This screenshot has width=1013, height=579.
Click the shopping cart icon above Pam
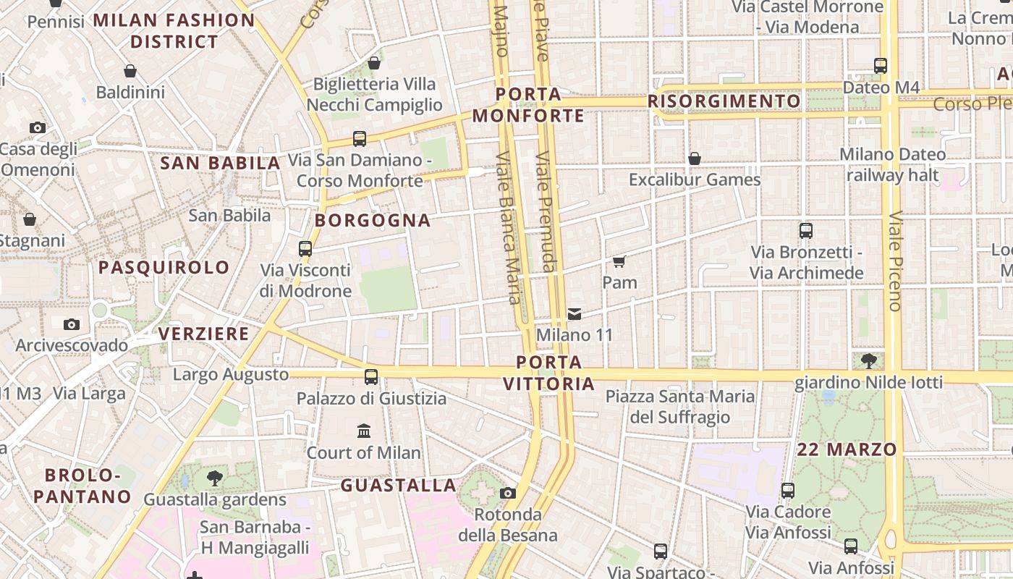pos(619,261)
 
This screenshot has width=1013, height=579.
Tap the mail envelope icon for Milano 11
pos(575,314)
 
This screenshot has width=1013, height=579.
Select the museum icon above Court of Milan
pos(364,431)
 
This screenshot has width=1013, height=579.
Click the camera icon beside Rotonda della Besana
pos(508,494)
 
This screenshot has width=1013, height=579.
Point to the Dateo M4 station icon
pos(881,66)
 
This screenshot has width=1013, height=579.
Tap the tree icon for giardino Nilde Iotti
pos(869,360)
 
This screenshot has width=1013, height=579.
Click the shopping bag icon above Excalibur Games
pos(695,159)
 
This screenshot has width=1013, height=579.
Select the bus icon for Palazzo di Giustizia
pos(371,377)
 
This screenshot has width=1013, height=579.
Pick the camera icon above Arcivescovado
pos(71,324)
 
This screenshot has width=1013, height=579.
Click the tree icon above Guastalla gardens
pos(214,478)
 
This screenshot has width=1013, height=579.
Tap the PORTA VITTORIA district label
pos(549,373)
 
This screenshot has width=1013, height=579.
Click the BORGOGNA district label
pos(373,221)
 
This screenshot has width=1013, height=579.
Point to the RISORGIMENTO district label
pos(724,101)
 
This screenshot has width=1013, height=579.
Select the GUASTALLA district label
pos(399,485)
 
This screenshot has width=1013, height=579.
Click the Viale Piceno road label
pos(895,261)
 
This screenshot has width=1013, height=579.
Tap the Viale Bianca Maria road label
pos(509,228)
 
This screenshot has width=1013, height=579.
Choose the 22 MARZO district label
pos(847,449)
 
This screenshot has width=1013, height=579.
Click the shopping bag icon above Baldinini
pos(130,71)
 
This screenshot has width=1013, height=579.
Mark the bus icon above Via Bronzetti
pos(806,231)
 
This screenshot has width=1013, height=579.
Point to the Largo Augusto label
pos(231,375)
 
